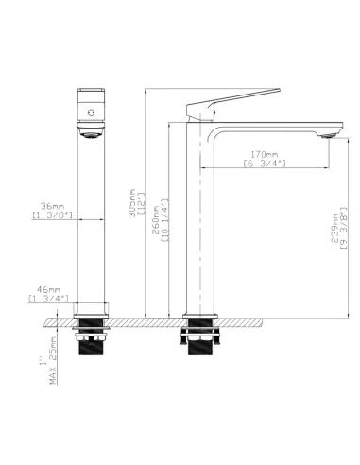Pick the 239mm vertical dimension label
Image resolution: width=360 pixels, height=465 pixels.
coord(337,228)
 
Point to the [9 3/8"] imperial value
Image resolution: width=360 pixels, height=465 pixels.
coord(346,228)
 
